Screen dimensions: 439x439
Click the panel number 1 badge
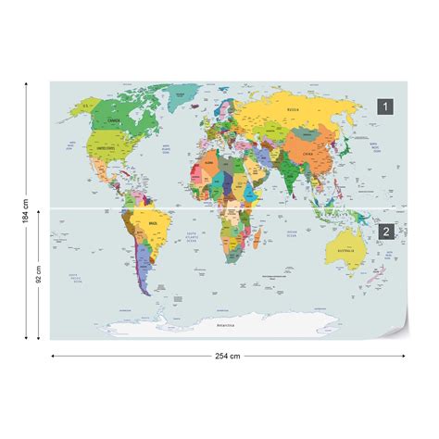click(x=385, y=107)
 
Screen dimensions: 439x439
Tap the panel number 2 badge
click(x=385, y=231)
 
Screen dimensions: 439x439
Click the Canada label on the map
click(x=114, y=120)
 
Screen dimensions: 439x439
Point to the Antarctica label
click(x=225, y=327)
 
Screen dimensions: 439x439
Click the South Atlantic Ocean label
click(x=192, y=237)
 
